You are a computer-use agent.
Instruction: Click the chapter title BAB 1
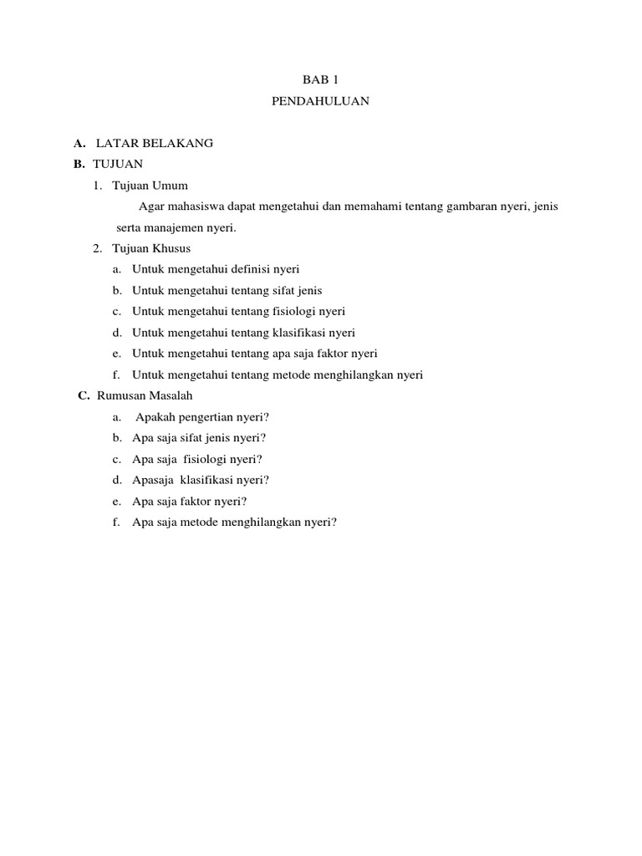(x=320, y=80)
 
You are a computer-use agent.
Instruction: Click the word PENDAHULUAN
(x=320, y=101)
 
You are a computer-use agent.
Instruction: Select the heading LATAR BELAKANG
(x=155, y=143)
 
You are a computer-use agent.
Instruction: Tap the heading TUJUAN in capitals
(x=118, y=164)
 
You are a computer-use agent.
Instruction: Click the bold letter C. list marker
(x=83, y=395)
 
